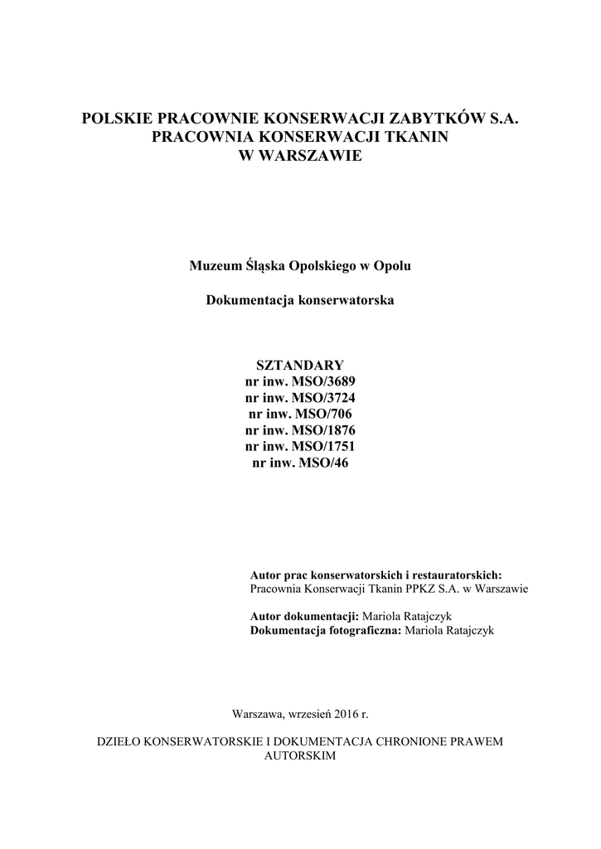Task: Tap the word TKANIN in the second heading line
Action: (x=415, y=138)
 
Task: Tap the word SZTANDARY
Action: (x=300, y=366)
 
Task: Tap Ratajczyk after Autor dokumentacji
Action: (x=418, y=616)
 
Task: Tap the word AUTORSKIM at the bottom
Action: (x=300, y=756)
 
